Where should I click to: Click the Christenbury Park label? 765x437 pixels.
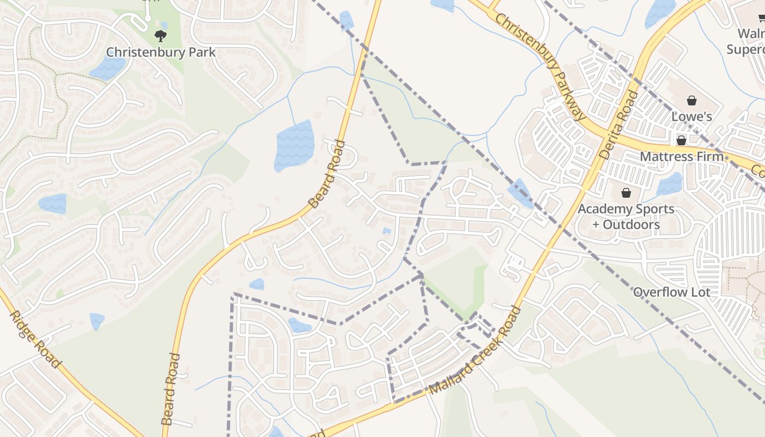pyautogui.click(x=161, y=52)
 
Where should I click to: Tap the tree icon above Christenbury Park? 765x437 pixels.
pyautogui.click(x=160, y=36)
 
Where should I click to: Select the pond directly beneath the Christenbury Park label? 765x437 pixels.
pyautogui.click(x=108, y=68)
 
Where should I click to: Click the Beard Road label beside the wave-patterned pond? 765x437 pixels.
pyautogui.click(x=327, y=174)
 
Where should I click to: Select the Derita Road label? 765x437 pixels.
pyautogui.click(x=619, y=125)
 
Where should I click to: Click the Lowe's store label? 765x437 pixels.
pyautogui.click(x=691, y=116)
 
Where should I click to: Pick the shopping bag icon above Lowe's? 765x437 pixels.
pyautogui.click(x=691, y=101)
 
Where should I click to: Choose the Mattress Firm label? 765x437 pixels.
pyautogui.click(x=681, y=156)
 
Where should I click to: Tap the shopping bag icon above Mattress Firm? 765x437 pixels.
pyautogui.click(x=681, y=140)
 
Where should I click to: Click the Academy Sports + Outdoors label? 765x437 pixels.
pyautogui.click(x=626, y=216)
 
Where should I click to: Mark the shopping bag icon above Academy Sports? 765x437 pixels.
pyautogui.click(x=626, y=193)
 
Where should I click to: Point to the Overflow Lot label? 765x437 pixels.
pyautogui.click(x=672, y=292)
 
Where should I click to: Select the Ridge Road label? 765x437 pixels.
pyautogui.click(x=34, y=339)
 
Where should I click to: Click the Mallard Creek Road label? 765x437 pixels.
pyautogui.click(x=475, y=351)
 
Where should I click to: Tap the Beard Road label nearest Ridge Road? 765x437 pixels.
pyautogui.click(x=171, y=389)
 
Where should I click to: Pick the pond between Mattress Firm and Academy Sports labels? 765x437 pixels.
pyautogui.click(x=670, y=184)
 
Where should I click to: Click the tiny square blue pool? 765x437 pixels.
pyautogui.click(x=387, y=231)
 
